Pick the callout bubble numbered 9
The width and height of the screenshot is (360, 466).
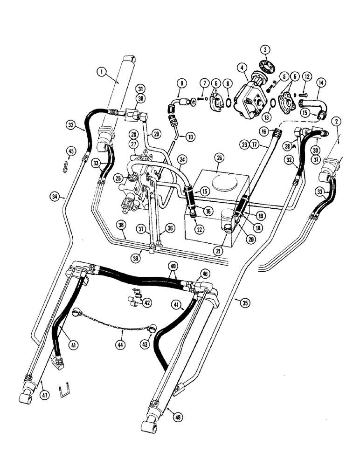pos(182,82)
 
